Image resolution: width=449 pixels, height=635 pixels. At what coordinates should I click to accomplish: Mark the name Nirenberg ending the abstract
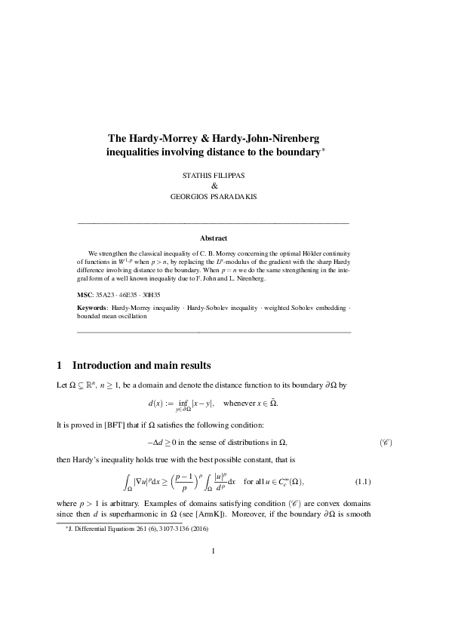click(261, 278)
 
